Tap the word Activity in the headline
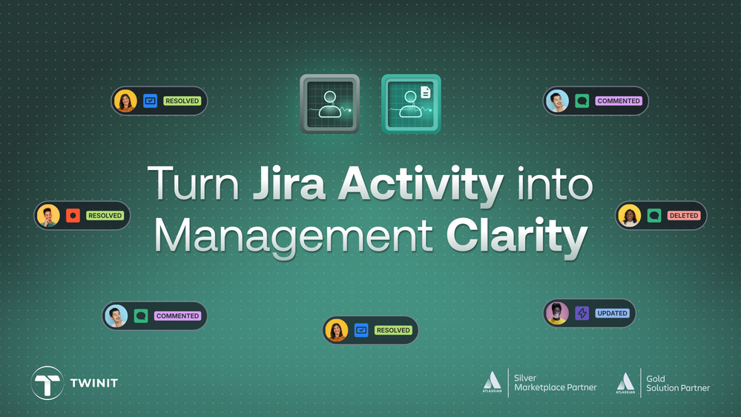[421, 185]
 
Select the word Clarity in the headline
[516, 236]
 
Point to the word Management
[294, 236]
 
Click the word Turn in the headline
[195, 185]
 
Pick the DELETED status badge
[683, 216]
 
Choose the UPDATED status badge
[612, 313]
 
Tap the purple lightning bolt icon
[582, 313]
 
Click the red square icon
[73, 216]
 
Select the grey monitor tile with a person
[330, 104]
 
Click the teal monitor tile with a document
[411, 104]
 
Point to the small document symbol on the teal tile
[426, 93]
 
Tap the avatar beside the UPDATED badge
[557, 313]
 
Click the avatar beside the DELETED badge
[629, 216]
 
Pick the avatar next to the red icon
[48, 216]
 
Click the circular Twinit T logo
[47, 383]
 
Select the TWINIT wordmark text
[93, 383]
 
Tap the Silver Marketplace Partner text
[555, 383]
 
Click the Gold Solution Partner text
[677, 383]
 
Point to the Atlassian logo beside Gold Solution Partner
[625, 382]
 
